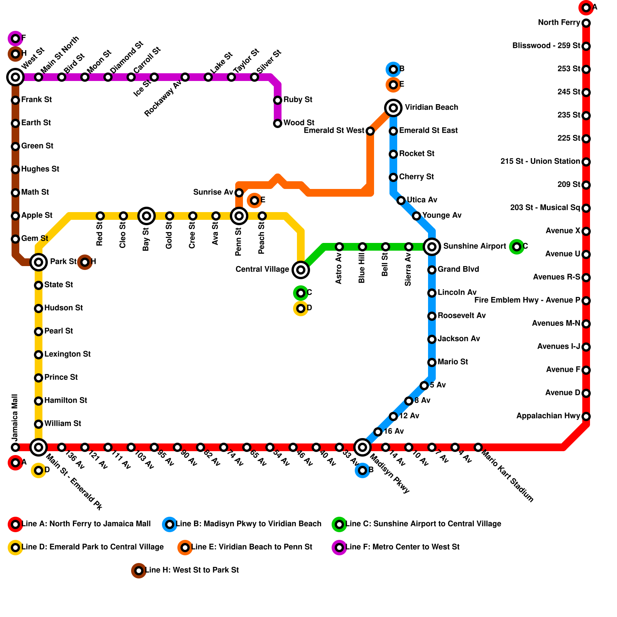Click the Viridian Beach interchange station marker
[x=393, y=108]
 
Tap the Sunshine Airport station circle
[x=432, y=247]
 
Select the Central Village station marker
[x=301, y=270]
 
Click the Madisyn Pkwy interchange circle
[x=362, y=447]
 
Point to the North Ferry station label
[x=559, y=23]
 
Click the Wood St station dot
[x=278, y=123]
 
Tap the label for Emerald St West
[x=334, y=131]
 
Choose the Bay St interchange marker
[x=147, y=216]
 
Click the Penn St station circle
[x=239, y=216]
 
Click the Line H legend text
[x=192, y=570]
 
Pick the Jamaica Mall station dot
[x=15, y=447]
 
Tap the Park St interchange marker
[x=39, y=262]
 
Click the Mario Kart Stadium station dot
[x=478, y=447]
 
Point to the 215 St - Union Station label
[x=540, y=162]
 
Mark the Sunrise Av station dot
[x=239, y=193]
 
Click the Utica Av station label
[x=422, y=200]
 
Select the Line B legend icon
[x=170, y=524]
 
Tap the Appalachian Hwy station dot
[x=586, y=416]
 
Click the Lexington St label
[x=67, y=354]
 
